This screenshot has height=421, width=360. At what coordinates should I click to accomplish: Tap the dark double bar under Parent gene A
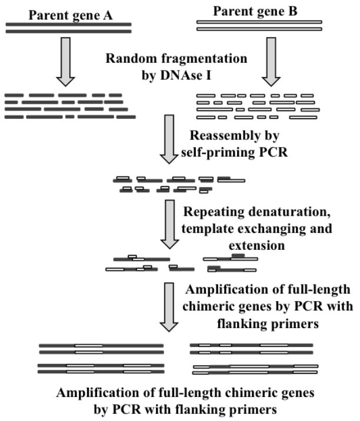point(69,27)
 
